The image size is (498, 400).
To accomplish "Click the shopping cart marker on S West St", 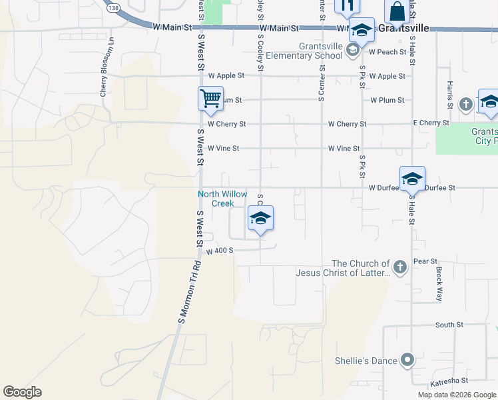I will click(x=210, y=99).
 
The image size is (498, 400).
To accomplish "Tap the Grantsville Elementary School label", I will click(x=312, y=51).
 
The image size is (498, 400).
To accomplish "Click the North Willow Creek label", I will click(x=222, y=199).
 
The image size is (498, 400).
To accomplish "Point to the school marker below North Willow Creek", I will click(x=260, y=219).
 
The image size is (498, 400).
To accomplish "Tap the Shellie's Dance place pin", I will click(x=407, y=361).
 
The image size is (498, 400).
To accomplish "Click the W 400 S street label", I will click(x=219, y=251).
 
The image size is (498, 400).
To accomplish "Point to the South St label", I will click(x=449, y=325).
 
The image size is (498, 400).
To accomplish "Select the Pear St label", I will click(x=425, y=261).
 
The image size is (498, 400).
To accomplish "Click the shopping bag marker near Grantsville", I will click(x=397, y=13).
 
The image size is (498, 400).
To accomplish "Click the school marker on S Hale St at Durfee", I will click(x=412, y=179).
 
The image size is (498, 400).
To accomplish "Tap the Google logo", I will click(x=22, y=392).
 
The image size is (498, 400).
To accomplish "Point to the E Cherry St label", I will click(x=431, y=123).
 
